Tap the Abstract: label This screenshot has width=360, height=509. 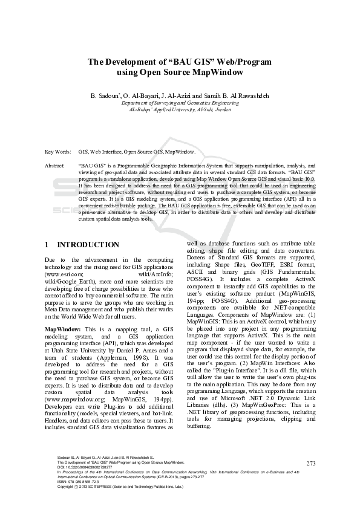click(56, 164)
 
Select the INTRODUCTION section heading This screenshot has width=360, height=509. click(88, 245)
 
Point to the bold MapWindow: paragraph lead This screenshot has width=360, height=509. click(64, 328)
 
